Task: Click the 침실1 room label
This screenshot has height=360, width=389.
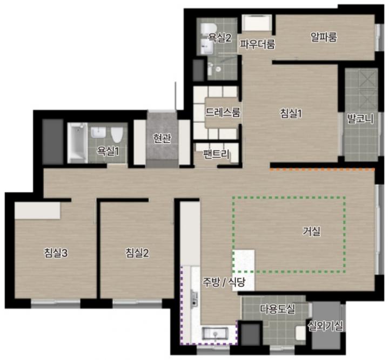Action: (291, 114)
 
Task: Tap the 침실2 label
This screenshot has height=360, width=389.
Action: (137, 253)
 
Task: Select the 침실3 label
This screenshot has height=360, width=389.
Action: (56, 253)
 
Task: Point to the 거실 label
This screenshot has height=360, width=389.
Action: (312, 231)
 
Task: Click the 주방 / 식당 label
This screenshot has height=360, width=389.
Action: (224, 282)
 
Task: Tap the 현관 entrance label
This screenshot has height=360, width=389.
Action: (162, 138)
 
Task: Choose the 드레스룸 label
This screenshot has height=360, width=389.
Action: (223, 112)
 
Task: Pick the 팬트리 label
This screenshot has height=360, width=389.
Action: (216, 154)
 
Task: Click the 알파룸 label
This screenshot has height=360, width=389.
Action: (324, 37)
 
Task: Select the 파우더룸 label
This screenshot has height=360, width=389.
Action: (258, 44)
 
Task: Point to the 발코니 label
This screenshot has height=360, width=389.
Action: (360, 118)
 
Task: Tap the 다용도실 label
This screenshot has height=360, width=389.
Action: (277, 309)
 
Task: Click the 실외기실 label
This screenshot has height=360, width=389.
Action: (325, 326)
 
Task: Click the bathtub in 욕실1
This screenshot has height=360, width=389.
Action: (77, 143)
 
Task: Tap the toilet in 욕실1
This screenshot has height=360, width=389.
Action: (116, 134)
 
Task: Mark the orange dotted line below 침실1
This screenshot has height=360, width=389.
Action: (322, 170)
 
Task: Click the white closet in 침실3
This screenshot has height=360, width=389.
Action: (37, 210)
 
